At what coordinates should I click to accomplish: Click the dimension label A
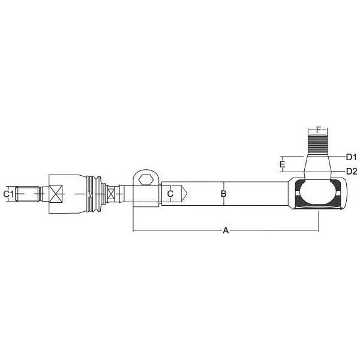point(226,230)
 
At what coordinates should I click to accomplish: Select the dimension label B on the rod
point(223,194)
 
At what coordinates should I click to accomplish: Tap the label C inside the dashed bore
point(170,194)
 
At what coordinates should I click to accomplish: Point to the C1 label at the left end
point(8,194)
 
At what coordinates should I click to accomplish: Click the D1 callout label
point(351,157)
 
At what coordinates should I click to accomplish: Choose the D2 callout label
point(352,171)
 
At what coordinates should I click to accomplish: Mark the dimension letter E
point(283,164)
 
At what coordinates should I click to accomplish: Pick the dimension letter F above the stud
point(318,130)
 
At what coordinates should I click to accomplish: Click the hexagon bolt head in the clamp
point(146,179)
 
